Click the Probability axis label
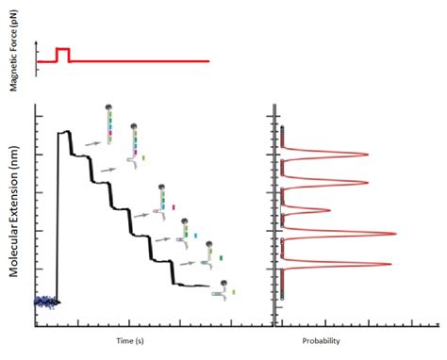click(320, 340)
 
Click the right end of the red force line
click(207, 61)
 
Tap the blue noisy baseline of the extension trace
click(44, 302)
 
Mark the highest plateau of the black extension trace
click(65, 133)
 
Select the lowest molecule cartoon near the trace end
click(223, 288)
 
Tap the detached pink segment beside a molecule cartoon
click(173, 205)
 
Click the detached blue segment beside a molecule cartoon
click(195, 229)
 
